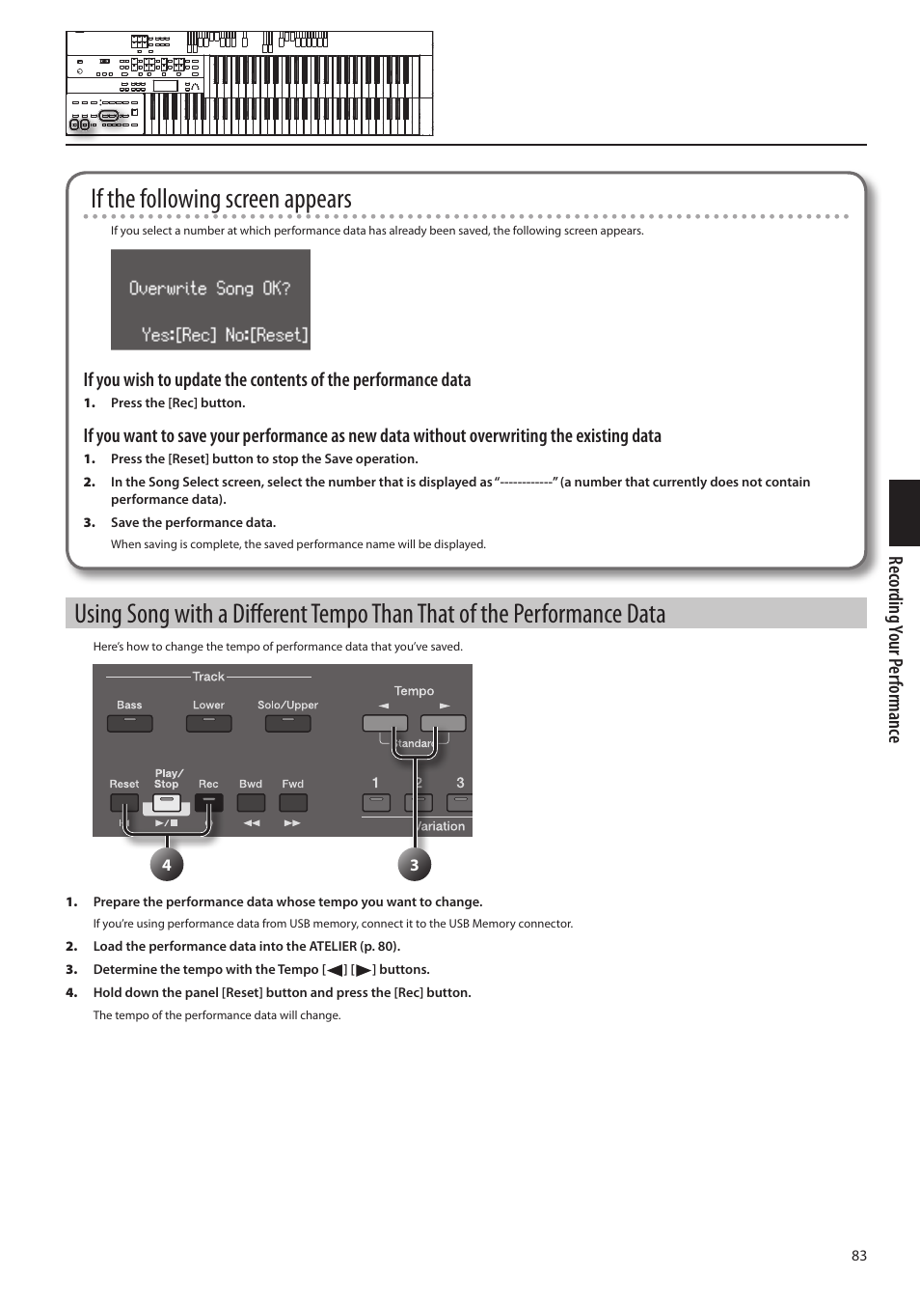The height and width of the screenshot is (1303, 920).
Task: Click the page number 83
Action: pos(858,1256)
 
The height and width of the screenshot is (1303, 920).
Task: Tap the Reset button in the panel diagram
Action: pos(124,803)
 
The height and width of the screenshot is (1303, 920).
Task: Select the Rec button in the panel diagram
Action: pos(208,803)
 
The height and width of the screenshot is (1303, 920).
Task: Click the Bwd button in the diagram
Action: pos(251,803)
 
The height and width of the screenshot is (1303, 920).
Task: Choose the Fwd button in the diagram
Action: pos(293,803)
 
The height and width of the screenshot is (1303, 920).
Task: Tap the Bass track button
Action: pos(129,722)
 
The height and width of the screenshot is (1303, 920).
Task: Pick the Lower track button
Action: pos(208,722)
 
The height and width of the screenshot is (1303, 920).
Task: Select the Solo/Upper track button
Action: pos(287,722)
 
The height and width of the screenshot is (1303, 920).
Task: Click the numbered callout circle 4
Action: pos(166,865)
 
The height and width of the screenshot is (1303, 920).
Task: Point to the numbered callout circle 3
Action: pos(415,865)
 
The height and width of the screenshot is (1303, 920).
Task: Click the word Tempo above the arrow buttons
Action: pos(414,691)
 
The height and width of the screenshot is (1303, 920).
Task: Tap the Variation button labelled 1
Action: pos(376,803)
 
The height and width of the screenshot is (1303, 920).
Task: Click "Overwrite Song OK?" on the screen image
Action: pos(209,289)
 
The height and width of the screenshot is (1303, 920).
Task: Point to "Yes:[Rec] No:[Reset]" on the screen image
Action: pos(225,335)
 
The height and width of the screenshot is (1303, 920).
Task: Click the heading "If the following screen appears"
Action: pos(221,199)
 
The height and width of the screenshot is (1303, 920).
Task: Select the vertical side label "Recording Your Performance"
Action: pos(895,650)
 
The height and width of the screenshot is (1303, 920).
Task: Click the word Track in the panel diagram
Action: pos(208,677)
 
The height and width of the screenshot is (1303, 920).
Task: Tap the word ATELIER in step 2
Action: pos(333,947)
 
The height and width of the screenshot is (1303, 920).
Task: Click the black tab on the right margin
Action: pos(905,513)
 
